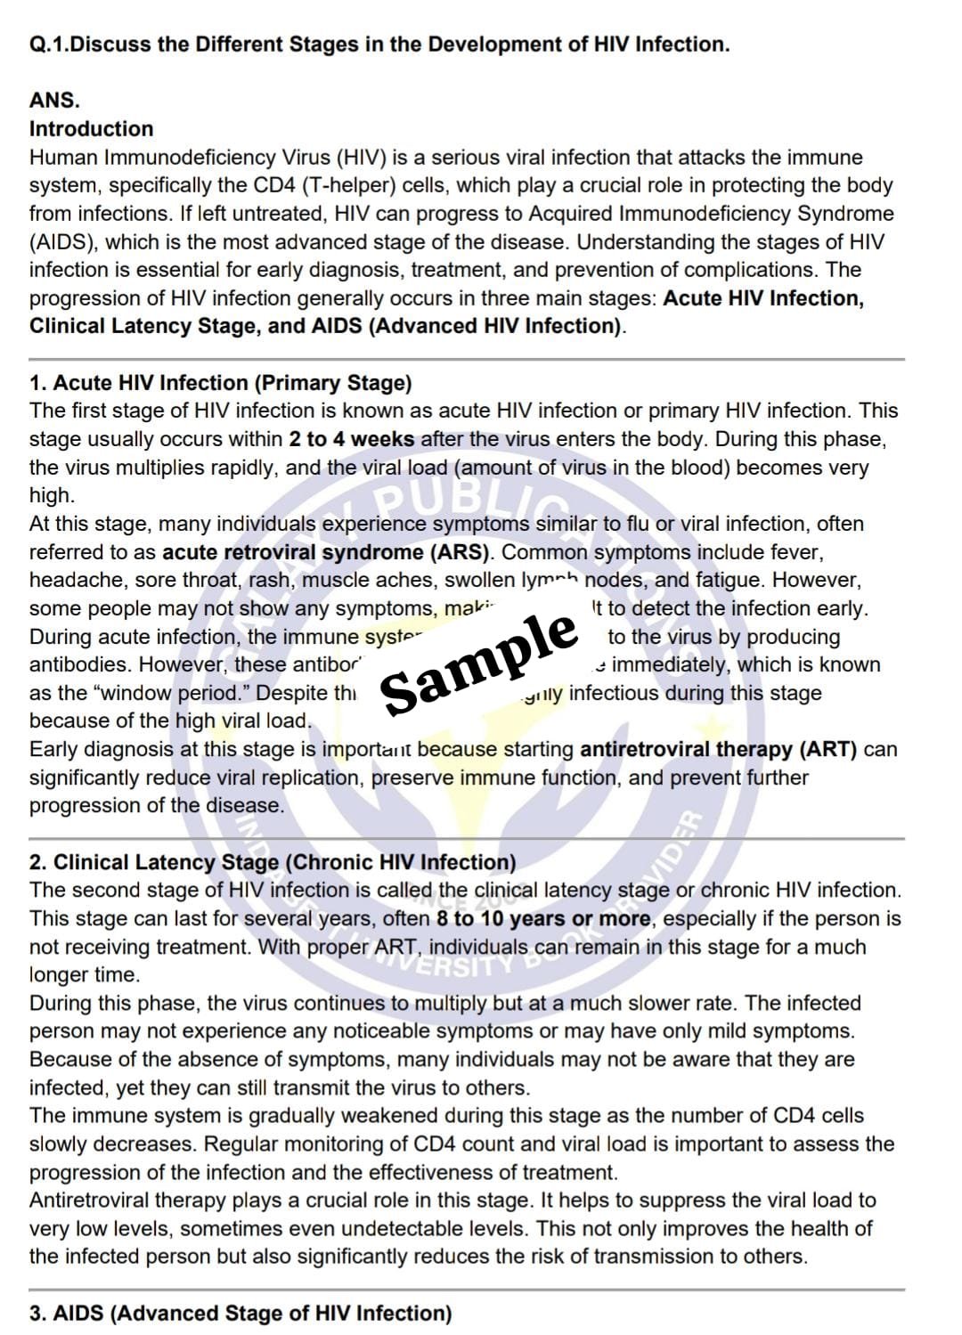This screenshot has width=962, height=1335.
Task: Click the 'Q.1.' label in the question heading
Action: pyautogui.click(x=48, y=45)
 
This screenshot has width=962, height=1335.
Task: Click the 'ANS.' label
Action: pyautogui.click(x=54, y=101)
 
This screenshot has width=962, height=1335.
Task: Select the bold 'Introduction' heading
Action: pyautogui.click(x=91, y=129)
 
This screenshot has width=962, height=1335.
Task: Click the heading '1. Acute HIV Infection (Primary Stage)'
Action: pyautogui.click(x=220, y=383)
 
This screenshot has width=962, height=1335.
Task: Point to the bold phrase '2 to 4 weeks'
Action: pyautogui.click(x=351, y=439)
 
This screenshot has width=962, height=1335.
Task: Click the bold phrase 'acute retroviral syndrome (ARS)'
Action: pyautogui.click(x=326, y=552)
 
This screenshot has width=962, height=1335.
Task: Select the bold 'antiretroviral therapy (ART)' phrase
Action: pyautogui.click(x=718, y=750)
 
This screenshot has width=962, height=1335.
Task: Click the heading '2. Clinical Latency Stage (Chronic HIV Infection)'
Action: pyautogui.click(x=273, y=862)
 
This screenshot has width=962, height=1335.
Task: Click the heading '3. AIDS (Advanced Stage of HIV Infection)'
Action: pyautogui.click(x=240, y=1313)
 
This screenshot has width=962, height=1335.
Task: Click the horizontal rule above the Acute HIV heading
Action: pyautogui.click(x=467, y=359)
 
